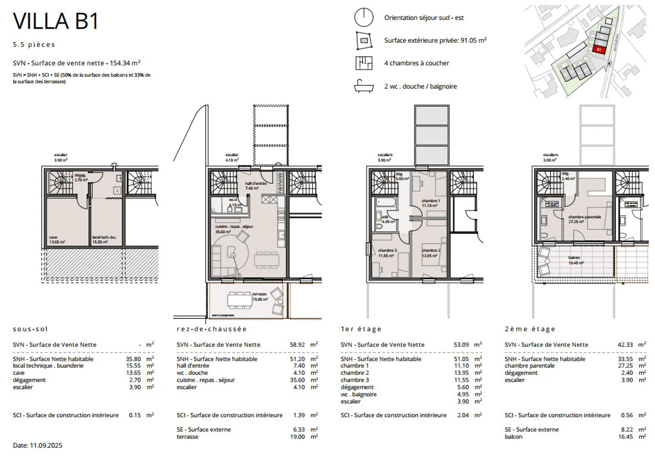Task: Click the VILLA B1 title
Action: click(x=55, y=21)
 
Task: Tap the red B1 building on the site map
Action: click(x=599, y=49)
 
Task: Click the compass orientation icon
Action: click(x=363, y=18)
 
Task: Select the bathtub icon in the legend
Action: click(x=363, y=86)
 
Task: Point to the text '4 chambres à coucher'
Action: click(x=416, y=63)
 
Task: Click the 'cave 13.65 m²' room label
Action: click(x=57, y=240)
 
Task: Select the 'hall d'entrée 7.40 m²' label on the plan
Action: click(x=255, y=185)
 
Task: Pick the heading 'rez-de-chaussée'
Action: click(x=212, y=329)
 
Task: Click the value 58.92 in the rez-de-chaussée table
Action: click(x=297, y=345)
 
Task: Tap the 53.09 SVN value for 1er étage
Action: click(x=461, y=345)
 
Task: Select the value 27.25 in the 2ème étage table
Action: click(x=625, y=366)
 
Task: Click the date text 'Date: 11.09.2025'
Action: click(x=38, y=446)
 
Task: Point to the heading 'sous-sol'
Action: click(x=30, y=329)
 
